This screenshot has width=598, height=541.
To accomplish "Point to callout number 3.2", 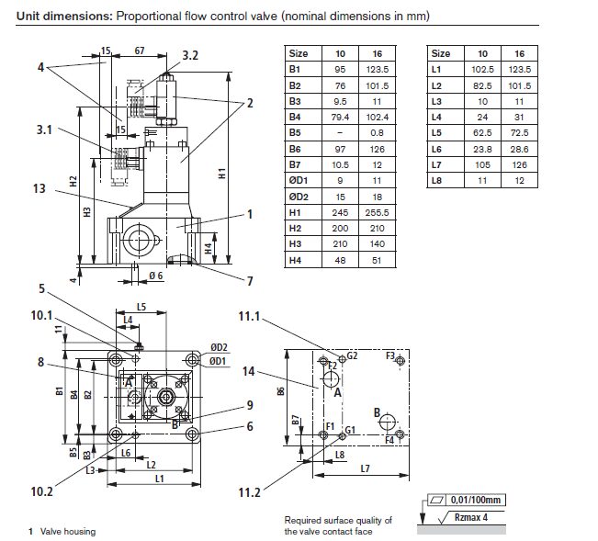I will tap(190, 56).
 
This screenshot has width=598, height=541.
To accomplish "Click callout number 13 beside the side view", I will tap(38, 188).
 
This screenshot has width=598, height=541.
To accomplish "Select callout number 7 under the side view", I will tap(249, 281).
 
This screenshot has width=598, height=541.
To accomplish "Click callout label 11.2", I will tap(249, 492).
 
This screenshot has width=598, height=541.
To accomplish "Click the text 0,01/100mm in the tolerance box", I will tap(480, 501).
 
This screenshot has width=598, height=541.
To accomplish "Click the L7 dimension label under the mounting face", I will tap(365, 469).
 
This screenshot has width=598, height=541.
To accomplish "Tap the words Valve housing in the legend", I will tap(68, 532).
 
